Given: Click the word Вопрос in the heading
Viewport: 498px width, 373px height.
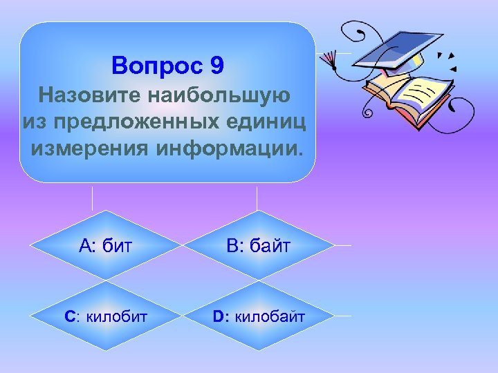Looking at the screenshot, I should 156,66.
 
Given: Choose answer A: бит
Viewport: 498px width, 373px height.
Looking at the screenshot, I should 106,245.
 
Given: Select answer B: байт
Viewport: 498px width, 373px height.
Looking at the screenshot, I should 258,245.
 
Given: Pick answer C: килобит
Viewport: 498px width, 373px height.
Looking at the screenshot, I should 106,317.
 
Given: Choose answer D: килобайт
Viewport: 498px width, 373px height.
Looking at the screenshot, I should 258,317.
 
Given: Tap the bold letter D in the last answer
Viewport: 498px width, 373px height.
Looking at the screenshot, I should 218,317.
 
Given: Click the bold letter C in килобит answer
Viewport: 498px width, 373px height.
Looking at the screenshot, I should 69,317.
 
